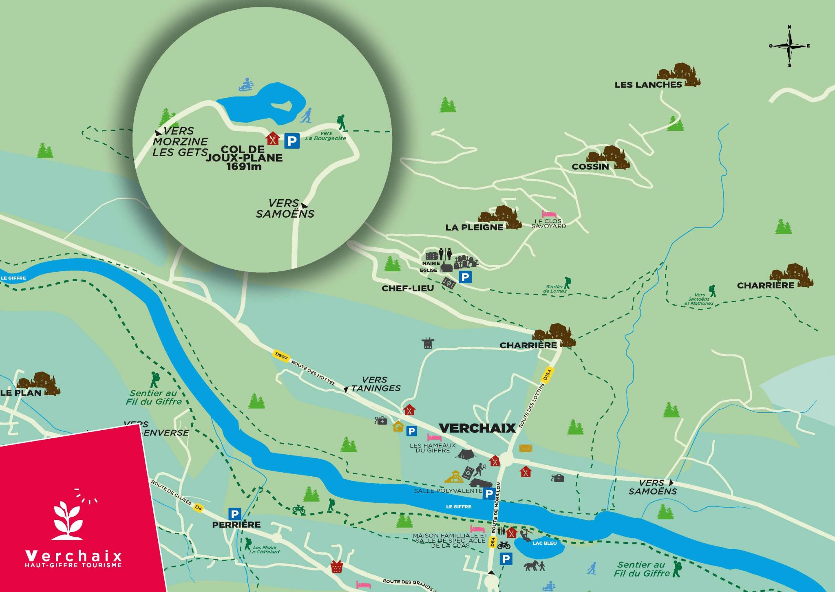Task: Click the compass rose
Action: tap(789, 46)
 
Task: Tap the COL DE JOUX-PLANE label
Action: tap(244, 158)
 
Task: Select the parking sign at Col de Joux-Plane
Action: tap(292, 141)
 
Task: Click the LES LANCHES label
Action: tap(648, 85)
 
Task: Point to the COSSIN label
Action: tap(590, 167)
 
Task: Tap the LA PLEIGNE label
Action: tap(474, 227)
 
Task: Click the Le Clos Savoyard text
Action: tap(548, 224)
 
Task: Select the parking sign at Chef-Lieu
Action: tap(465, 277)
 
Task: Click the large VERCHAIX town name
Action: tap(477, 428)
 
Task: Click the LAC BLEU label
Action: tap(544, 543)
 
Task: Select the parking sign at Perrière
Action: tap(234, 514)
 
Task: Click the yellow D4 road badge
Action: tap(198, 508)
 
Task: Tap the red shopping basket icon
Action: tap(336, 566)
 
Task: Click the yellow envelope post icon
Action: tap(526, 448)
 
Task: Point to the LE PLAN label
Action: tap(21, 393)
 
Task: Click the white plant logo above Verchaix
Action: tap(68, 520)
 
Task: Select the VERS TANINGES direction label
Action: tap(375, 384)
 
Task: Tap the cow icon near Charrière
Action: tap(427, 343)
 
